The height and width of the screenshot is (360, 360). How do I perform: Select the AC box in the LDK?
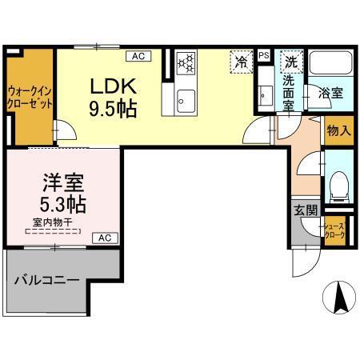pos(138,56)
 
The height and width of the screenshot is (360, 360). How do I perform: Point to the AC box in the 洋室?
pos(105,237)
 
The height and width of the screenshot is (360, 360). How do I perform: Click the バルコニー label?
pos(45,282)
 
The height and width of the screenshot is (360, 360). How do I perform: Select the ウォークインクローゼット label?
pos(30,98)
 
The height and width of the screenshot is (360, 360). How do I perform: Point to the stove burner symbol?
pos(186,62)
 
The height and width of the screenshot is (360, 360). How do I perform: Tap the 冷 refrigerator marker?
pos(241,60)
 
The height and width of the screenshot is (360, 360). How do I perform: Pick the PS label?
pos(264,55)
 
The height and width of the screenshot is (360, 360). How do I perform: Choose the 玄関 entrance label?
pos(305,210)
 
